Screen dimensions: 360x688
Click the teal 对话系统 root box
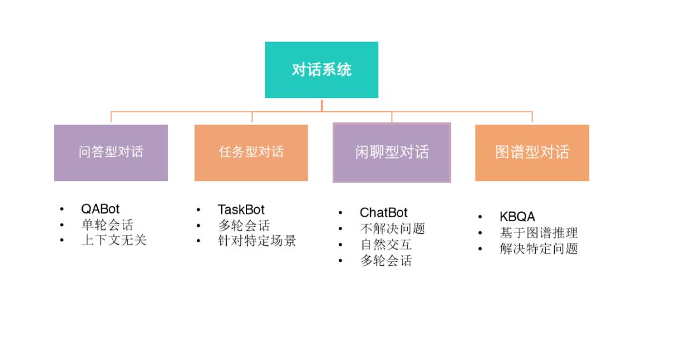click(321, 70)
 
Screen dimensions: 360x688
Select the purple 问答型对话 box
click(111, 152)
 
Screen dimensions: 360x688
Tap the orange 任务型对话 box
click(251, 152)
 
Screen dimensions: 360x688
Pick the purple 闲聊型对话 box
click(392, 152)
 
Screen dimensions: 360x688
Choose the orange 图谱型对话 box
click(532, 152)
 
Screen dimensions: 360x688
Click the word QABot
click(100, 209)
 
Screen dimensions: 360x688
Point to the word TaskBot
click(241, 210)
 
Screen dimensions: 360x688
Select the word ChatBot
click(383, 213)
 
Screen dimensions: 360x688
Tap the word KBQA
click(517, 217)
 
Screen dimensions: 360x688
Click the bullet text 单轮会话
click(107, 225)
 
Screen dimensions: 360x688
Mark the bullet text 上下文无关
click(113, 240)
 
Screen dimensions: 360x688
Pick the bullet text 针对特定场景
click(257, 241)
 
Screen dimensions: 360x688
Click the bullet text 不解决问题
click(392, 229)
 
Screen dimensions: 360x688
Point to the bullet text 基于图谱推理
click(538, 233)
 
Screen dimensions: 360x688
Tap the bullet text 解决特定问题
click(538, 249)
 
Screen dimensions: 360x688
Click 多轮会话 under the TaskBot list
click(244, 226)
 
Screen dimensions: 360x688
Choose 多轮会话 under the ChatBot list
click(386, 261)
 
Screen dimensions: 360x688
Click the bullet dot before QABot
click(62, 209)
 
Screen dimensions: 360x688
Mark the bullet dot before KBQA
click(481, 217)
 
